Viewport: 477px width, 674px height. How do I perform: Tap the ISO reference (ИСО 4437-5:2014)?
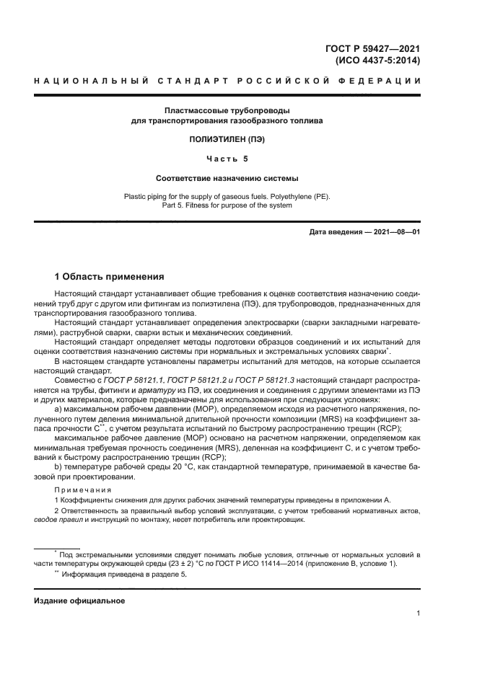pos(378,61)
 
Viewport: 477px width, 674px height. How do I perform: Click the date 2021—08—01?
pos(395,231)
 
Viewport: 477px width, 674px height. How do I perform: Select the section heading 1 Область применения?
pos(110,276)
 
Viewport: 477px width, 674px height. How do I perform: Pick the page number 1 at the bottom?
pos(419,613)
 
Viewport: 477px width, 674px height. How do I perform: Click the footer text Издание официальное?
pos(79,600)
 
